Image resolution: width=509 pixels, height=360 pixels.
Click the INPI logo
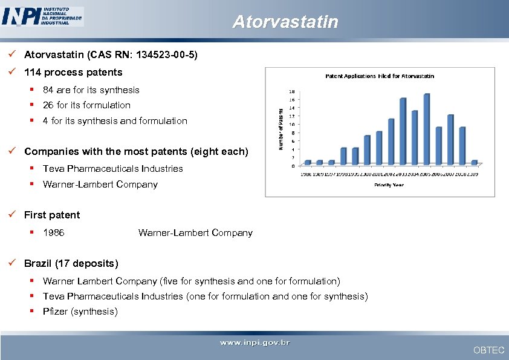(x=42, y=16)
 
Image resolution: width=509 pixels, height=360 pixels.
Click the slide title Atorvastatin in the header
(x=285, y=22)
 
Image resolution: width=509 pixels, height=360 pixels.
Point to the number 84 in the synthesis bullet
(x=48, y=90)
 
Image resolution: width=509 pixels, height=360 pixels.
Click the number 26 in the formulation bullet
(x=48, y=105)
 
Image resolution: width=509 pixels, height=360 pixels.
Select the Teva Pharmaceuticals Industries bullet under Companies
(x=112, y=169)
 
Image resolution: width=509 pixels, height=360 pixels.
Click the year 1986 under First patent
(x=54, y=233)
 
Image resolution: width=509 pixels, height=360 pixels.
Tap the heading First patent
(x=52, y=215)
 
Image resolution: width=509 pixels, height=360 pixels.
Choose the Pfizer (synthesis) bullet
(x=80, y=312)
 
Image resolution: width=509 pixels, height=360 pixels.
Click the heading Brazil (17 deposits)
(x=71, y=263)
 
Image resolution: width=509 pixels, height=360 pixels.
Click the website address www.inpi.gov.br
(x=254, y=343)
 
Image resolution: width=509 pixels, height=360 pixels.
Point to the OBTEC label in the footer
(x=488, y=350)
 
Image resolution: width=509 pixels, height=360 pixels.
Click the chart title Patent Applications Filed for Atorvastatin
(x=380, y=76)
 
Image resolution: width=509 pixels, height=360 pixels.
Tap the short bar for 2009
(x=474, y=162)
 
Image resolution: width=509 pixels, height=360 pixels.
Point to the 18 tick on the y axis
(x=293, y=92)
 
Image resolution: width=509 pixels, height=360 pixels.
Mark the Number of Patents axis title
(x=280, y=128)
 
